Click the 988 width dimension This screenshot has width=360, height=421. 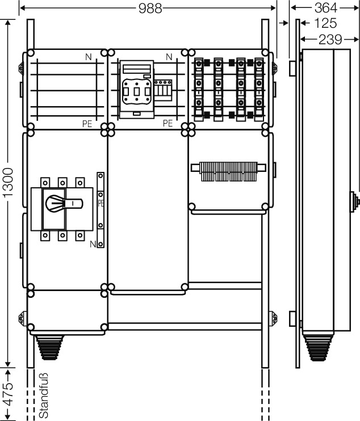[150, 9]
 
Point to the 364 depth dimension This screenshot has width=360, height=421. [325, 8]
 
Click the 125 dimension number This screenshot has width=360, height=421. [325, 23]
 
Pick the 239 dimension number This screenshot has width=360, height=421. [330, 40]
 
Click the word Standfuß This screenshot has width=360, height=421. [44, 395]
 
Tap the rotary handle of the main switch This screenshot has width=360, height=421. [64, 204]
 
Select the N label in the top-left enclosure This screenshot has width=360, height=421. [89, 57]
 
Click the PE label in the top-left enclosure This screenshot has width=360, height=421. [87, 124]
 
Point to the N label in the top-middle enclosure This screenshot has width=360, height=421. [169, 57]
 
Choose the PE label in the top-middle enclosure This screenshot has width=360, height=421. [168, 123]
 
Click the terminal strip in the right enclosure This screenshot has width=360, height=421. [228, 171]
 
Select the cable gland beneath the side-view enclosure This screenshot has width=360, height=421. [319, 348]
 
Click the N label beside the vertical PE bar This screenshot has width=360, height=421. [93, 244]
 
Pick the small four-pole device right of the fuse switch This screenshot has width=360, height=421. [163, 90]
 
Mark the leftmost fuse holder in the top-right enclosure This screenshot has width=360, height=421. [199, 90]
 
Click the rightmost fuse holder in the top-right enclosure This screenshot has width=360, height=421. [259, 90]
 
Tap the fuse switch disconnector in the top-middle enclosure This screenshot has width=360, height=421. [137, 90]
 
